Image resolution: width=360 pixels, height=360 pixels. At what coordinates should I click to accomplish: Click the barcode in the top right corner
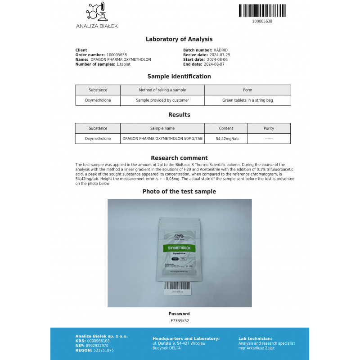[x=262, y=10]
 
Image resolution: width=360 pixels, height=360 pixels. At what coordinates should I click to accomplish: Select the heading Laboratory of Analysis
[x=179, y=39]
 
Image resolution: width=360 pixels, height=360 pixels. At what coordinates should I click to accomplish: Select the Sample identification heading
[x=179, y=76]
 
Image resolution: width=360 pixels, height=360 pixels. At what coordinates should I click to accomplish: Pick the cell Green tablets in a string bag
[x=247, y=100]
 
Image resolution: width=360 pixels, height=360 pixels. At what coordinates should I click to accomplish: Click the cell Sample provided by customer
[x=162, y=100]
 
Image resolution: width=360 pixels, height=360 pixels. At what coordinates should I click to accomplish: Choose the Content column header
[x=226, y=128]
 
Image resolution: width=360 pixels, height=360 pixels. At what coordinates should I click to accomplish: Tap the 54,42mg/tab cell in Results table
[x=227, y=139]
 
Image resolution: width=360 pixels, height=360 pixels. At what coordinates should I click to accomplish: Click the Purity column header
[x=269, y=128]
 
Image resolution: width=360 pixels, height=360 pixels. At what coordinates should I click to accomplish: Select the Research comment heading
[x=179, y=158]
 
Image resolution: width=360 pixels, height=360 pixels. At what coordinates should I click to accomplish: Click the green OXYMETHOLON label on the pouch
[x=179, y=248]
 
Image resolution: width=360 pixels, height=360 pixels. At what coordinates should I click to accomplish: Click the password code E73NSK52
[x=179, y=320]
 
